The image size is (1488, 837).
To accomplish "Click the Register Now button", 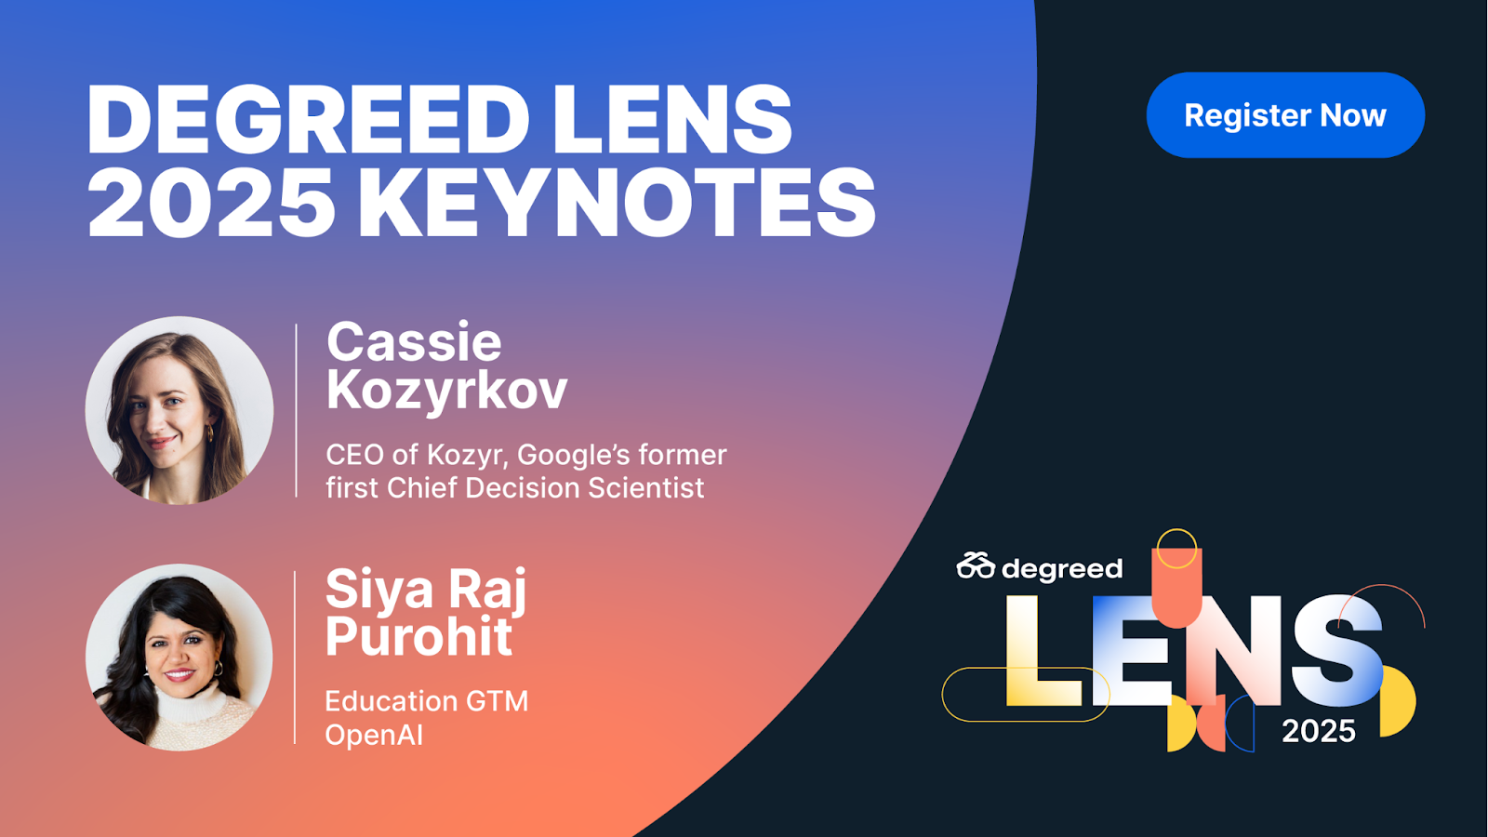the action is tap(1285, 115).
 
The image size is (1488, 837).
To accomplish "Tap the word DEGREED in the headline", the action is tap(309, 120).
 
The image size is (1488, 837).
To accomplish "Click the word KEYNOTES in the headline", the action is tap(618, 202).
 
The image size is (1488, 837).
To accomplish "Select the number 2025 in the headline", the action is tap(211, 202).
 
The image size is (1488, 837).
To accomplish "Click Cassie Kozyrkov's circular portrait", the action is tap(179, 410).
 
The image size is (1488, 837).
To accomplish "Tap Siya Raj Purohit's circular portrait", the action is tap(179, 657).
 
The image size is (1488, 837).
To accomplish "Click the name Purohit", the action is tap(418, 636).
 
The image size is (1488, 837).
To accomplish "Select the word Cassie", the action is tap(414, 342).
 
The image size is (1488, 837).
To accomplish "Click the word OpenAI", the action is tap(374, 735).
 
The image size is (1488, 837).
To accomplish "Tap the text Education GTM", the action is tap(427, 701).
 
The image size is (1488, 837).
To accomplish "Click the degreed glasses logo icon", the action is tap(976, 565).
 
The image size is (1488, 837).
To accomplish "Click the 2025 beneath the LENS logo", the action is tap(1319, 731).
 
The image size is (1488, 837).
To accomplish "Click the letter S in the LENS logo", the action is tap(1336, 651).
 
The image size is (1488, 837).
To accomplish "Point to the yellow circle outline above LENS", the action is tap(1176, 529).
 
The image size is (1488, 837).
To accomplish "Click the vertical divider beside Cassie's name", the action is tap(297, 410).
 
